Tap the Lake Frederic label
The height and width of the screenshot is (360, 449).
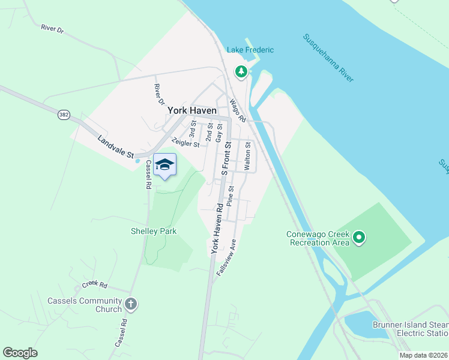pyautogui.click(x=250, y=50)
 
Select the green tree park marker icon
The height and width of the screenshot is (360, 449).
pyautogui.click(x=241, y=72)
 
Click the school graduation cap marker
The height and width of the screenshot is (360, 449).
pyautogui.click(x=164, y=165)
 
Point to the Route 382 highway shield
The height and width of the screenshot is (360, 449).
pyautogui.click(x=64, y=114)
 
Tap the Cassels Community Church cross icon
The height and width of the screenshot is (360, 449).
pyautogui.click(x=131, y=305)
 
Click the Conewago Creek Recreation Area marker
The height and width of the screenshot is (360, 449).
pyautogui.click(x=359, y=238)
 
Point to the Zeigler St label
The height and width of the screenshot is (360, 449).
pyautogui.click(x=185, y=143)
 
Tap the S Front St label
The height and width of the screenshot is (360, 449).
pyautogui.click(x=226, y=159)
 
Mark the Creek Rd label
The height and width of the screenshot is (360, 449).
pyautogui.click(x=95, y=284)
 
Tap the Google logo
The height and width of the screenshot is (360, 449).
pyautogui.click(x=20, y=353)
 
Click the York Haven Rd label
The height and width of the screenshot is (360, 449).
pyautogui.click(x=215, y=229)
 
